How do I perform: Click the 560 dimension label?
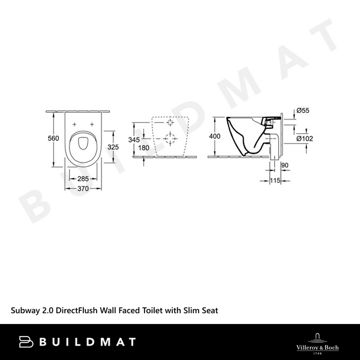(53, 139)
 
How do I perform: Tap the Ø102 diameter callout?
(305, 139)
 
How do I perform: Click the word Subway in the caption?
(26, 310)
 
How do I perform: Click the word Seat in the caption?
(208, 310)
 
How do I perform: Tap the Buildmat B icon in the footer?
(26, 342)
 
